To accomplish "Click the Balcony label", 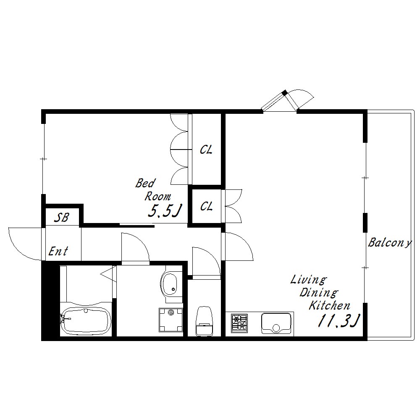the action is (389, 243).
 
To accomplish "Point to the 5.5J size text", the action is (165, 210).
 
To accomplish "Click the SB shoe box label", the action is (62, 217).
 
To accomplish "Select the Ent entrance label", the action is (58, 251).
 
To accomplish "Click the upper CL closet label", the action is (206, 150).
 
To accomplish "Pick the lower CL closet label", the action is (207, 206).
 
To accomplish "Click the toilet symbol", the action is (204, 321).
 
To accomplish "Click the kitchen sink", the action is (276, 323).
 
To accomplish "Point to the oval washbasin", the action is (169, 284).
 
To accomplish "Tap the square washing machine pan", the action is (171, 320).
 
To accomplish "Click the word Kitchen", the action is (329, 305).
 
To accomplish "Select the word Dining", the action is (319, 292).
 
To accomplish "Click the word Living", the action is (309, 280).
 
